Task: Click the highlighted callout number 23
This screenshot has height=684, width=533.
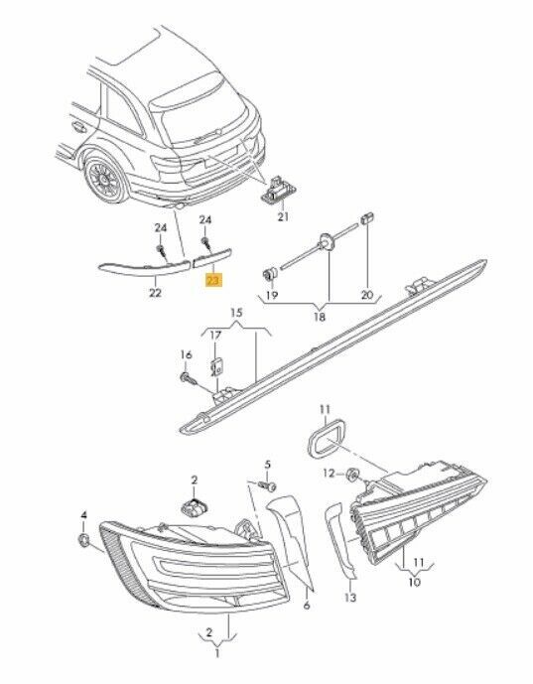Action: click(213, 281)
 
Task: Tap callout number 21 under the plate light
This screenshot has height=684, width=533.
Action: click(283, 216)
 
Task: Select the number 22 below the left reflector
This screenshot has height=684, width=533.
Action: click(155, 293)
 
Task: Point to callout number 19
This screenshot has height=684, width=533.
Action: click(272, 295)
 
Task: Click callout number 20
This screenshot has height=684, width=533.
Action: click(367, 295)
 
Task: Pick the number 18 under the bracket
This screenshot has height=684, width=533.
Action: click(320, 317)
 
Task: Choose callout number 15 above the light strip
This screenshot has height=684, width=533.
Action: click(236, 313)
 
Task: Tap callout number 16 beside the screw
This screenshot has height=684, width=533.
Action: click(187, 354)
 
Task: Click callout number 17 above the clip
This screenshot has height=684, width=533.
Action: click(216, 335)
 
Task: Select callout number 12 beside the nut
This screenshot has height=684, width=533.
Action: click(329, 473)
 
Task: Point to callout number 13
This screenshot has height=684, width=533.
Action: click(350, 598)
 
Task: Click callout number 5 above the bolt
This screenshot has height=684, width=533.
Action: click(268, 465)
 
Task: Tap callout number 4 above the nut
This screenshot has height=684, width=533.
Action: click(83, 515)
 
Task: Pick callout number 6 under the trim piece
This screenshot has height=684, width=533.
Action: click(307, 605)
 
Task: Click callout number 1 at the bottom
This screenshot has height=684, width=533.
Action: click(217, 653)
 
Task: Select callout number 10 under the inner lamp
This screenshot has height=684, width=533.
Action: click(414, 582)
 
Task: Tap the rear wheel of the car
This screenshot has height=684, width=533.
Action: click(106, 180)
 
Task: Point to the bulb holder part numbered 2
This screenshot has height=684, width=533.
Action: click(195, 506)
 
